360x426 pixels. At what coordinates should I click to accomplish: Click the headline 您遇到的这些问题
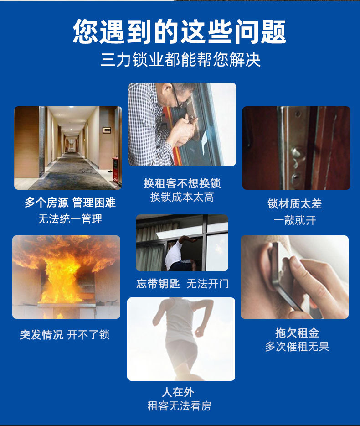click(x=180, y=31)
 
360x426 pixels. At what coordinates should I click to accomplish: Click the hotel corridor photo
click(x=68, y=148)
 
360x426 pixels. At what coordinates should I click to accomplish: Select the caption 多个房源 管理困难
click(x=70, y=203)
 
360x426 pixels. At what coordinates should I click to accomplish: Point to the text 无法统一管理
click(x=70, y=219)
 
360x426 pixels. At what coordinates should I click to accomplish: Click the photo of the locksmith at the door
click(x=182, y=124)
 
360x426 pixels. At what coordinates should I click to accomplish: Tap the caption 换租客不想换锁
click(x=182, y=183)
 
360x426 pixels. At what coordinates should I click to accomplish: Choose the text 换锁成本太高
click(x=182, y=197)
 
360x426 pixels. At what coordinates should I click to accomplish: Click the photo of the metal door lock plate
click(x=296, y=148)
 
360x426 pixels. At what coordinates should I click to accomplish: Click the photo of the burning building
click(x=66, y=277)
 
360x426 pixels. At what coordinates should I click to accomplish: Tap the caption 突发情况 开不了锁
click(x=65, y=335)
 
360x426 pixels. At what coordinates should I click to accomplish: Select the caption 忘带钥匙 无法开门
click(x=182, y=284)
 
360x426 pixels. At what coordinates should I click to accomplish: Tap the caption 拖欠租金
click(x=297, y=332)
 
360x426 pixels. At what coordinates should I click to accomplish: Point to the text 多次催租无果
click(x=297, y=347)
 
